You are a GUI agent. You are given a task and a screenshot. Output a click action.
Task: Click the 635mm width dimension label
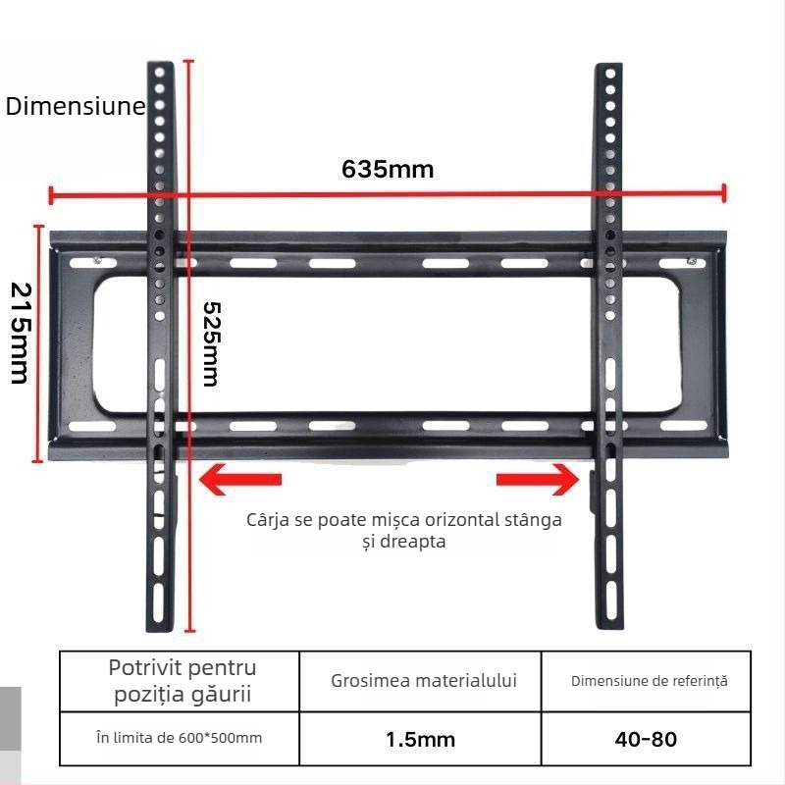388,169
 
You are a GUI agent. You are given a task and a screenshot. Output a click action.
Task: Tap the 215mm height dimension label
21,333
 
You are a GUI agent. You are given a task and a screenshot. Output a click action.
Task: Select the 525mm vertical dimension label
211,344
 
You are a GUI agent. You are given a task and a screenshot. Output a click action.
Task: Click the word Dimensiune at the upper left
76,106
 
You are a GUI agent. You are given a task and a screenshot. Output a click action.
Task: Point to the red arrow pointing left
240,479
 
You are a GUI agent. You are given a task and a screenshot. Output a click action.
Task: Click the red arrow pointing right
538,479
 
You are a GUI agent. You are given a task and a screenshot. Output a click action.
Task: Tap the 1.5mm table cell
421,740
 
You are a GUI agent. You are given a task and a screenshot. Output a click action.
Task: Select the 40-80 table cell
647,740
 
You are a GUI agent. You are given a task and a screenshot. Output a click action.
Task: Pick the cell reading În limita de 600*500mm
180,739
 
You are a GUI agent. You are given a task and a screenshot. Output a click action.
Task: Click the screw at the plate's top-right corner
692,261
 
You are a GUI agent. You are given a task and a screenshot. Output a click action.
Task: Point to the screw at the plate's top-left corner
97,260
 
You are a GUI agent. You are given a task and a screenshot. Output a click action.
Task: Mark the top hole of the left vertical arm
160,73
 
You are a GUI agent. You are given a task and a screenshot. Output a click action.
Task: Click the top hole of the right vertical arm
610,74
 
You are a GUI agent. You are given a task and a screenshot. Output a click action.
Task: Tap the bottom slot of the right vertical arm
611,601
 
